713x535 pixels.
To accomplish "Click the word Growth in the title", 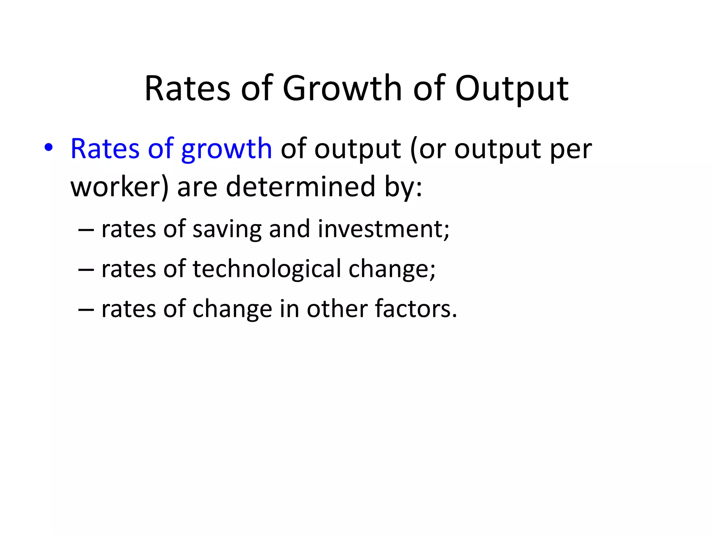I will tap(342, 89).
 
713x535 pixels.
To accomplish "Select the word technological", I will tap(267, 269).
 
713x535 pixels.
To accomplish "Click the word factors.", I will tap(416, 309).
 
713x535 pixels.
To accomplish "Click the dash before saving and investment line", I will tap(86, 230).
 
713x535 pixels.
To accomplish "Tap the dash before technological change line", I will tap(86, 270).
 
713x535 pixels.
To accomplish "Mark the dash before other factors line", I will tap(86, 310).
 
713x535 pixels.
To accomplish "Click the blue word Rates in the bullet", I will tap(105, 149).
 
